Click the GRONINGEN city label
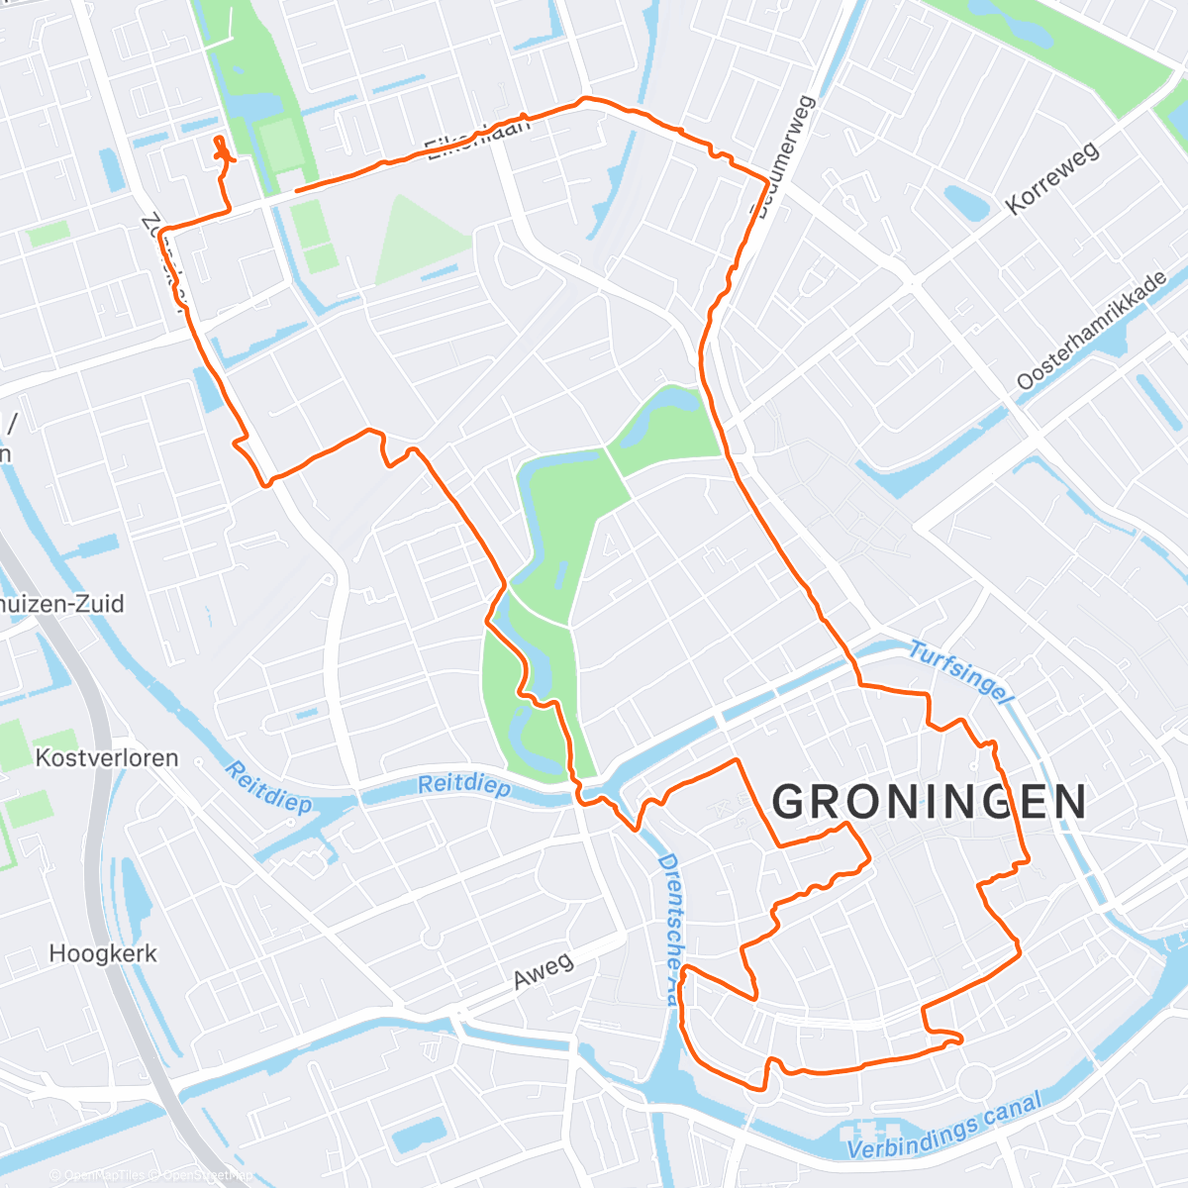pos(929,802)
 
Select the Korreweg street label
pos(1051,178)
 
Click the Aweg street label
pos(543,970)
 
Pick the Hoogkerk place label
pos(103,954)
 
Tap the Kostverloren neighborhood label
pos(107,758)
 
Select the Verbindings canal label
pos(944,1127)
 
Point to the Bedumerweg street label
pos(783,156)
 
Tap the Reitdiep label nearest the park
pos(463,786)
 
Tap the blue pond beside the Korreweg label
pos(965,203)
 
